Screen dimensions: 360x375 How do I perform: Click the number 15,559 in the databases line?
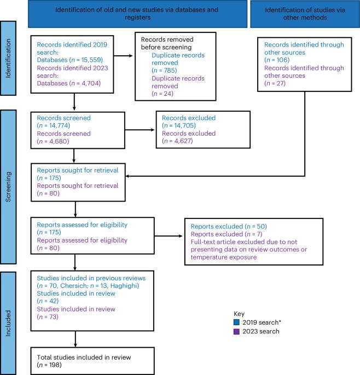point(91,60)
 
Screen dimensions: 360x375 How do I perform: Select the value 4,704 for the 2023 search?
point(91,83)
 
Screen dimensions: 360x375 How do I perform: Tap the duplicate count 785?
point(170,70)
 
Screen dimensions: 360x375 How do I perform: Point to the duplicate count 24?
point(168,94)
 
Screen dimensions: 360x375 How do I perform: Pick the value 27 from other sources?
point(280,83)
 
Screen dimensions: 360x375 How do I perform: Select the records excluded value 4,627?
point(183,141)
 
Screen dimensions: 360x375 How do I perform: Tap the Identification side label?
point(8,58)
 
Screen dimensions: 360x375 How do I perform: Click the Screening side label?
point(8,187)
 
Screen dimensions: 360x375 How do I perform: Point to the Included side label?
point(8,324)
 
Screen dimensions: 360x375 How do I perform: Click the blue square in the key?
point(236,322)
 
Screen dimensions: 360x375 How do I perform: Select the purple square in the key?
point(236,331)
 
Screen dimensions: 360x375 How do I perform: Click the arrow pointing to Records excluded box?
point(140,130)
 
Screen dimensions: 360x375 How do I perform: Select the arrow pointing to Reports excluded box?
point(169,236)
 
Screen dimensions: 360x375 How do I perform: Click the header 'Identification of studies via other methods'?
point(305,14)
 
